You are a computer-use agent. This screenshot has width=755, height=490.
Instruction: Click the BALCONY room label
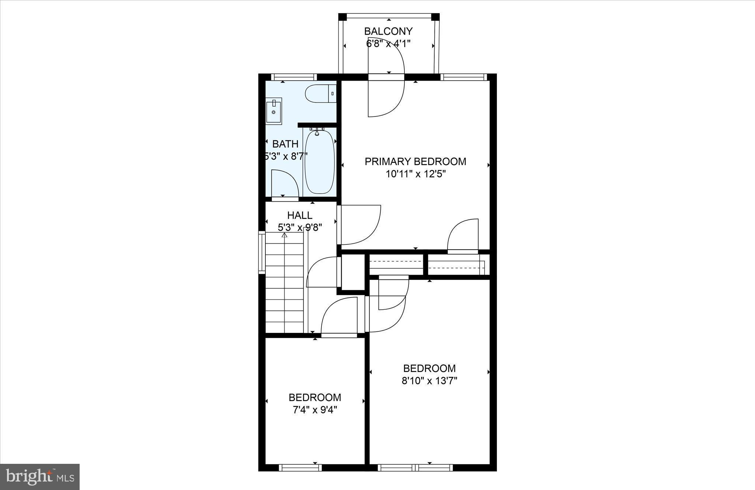[x=388, y=31]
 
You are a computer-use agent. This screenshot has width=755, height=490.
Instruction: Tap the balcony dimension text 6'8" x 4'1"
[x=388, y=44]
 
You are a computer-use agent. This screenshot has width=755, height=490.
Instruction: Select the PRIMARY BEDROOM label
[x=415, y=161]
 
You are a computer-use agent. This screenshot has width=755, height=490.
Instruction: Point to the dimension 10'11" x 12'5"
[x=416, y=174]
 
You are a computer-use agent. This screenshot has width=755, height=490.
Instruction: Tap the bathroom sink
[x=274, y=111]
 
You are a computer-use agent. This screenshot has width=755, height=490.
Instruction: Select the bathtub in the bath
[x=320, y=161]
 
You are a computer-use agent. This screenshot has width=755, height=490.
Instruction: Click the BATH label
[x=285, y=144]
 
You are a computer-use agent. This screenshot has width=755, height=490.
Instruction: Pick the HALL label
[x=300, y=215]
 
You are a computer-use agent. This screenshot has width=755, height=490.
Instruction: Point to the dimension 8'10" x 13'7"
[x=429, y=380]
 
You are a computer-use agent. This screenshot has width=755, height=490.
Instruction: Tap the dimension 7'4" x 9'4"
[x=315, y=410]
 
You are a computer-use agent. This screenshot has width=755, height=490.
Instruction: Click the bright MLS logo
[x=40, y=476]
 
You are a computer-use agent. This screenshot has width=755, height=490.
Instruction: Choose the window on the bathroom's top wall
[x=294, y=77]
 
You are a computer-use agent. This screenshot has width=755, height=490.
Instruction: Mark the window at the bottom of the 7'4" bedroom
[x=300, y=468]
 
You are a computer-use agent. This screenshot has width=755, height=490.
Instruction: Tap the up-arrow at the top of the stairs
[x=285, y=235]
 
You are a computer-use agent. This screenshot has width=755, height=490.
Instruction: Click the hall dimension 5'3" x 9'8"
[x=300, y=227]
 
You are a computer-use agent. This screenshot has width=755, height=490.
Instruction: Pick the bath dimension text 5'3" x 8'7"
[x=285, y=156]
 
